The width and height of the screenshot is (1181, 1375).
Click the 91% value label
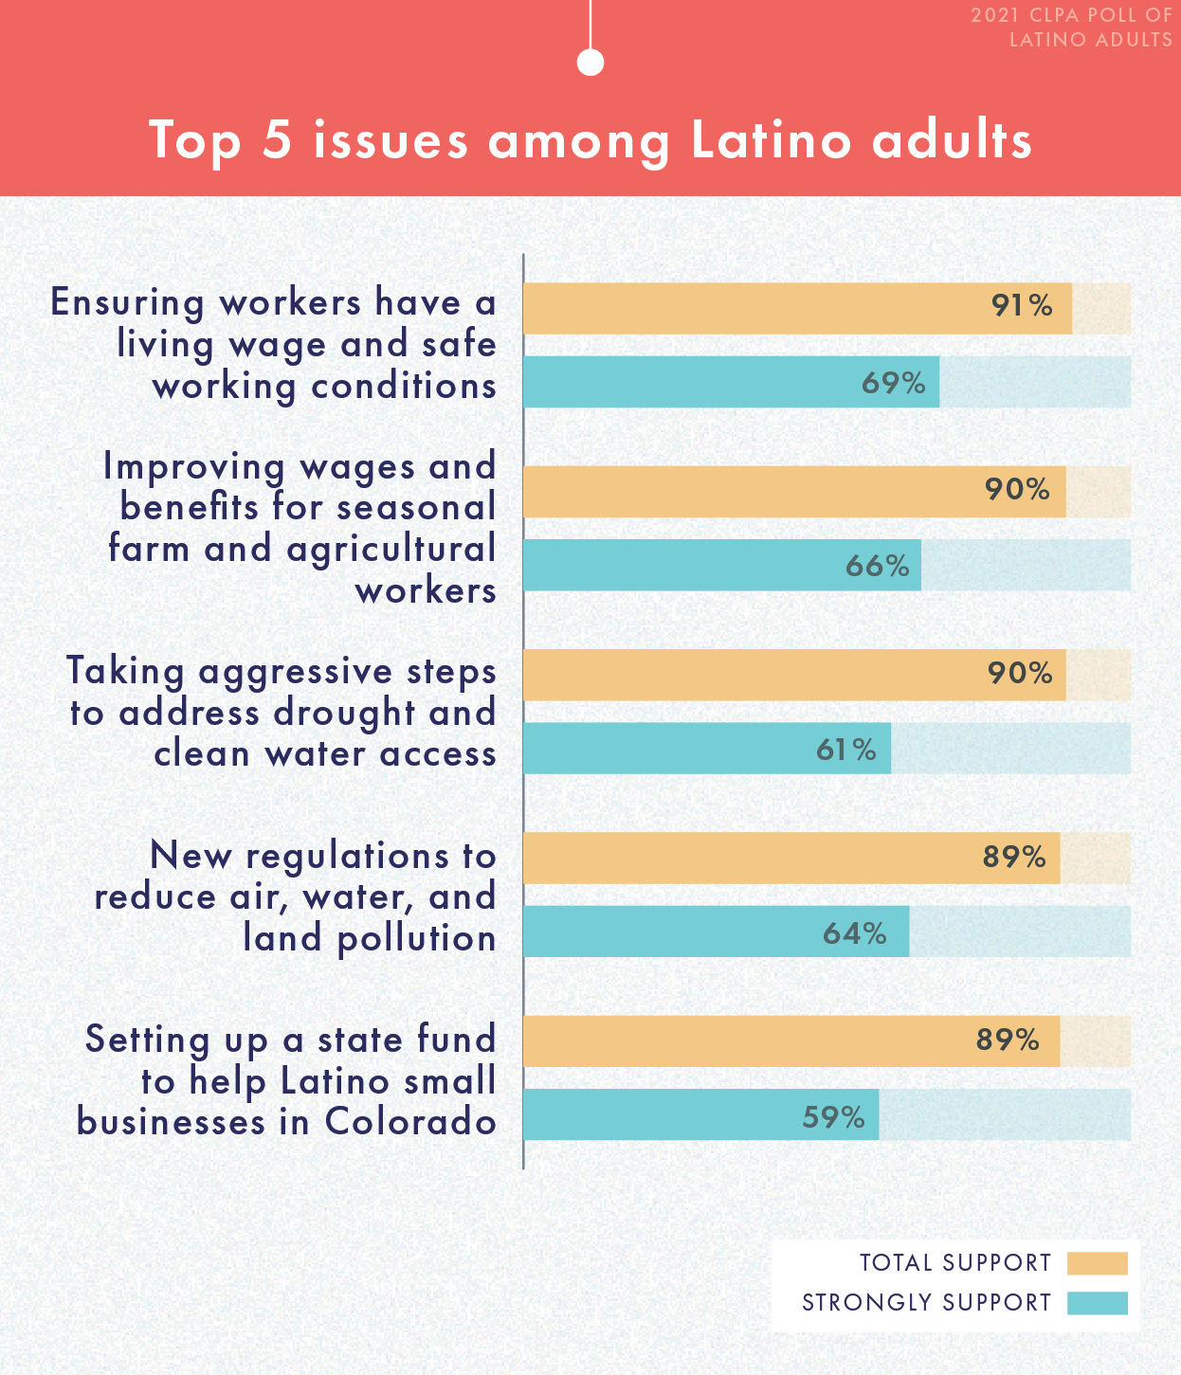(1022, 306)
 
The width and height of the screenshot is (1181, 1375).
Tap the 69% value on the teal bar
(893, 383)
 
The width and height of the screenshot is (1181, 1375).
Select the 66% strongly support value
(877, 566)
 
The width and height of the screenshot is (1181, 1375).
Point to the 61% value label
(845, 750)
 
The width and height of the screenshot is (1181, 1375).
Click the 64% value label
(854, 933)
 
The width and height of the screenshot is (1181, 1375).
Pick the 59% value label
(833, 1117)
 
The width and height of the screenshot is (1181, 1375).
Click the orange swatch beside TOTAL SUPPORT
(1097, 1263)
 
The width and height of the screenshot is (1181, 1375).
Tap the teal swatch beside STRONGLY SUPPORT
(1097, 1303)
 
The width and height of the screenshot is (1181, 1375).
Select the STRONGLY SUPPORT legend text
(926, 1303)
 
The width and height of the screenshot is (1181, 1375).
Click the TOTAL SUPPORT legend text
(955, 1263)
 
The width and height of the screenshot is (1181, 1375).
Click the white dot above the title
(590, 63)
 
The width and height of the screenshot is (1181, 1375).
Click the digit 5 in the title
(277, 140)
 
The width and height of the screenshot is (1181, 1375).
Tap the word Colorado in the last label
(410, 1122)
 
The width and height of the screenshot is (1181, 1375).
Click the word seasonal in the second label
(416, 507)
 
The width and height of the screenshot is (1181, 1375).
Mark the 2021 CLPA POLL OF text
(1071, 16)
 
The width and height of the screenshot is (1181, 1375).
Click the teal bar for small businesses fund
(701, 1114)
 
